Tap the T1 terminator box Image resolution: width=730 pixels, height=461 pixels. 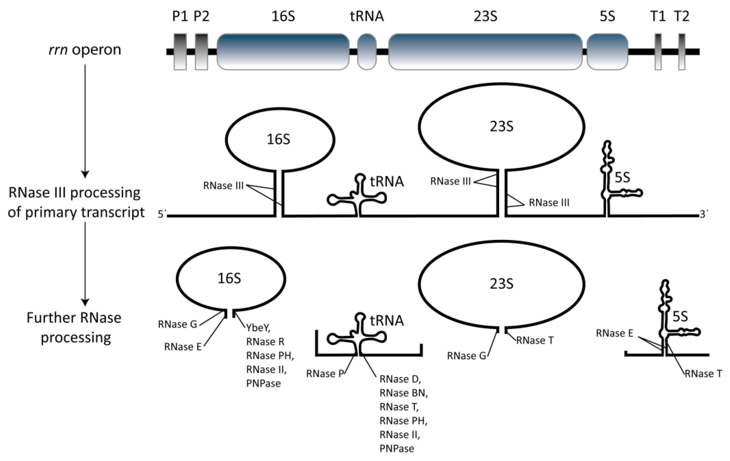click(x=658, y=52)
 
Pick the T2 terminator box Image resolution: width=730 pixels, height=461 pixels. click(x=682, y=52)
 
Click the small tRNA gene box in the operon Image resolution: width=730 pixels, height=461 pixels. click(x=367, y=52)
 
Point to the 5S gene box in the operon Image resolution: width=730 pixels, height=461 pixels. click(x=607, y=52)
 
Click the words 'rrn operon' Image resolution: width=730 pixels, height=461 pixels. click(x=85, y=50)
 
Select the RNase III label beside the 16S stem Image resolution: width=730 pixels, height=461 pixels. click(x=223, y=186)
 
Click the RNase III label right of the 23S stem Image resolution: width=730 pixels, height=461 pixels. click(x=549, y=203)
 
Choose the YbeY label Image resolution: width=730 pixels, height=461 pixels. click(x=258, y=328)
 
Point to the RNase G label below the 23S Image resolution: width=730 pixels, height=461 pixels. click(x=466, y=356)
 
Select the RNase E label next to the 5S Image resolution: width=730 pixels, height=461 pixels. click(x=615, y=333)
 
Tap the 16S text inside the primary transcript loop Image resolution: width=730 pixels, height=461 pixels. click(x=278, y=139)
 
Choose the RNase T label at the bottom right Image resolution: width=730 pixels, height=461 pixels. click(x=703, y=374)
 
